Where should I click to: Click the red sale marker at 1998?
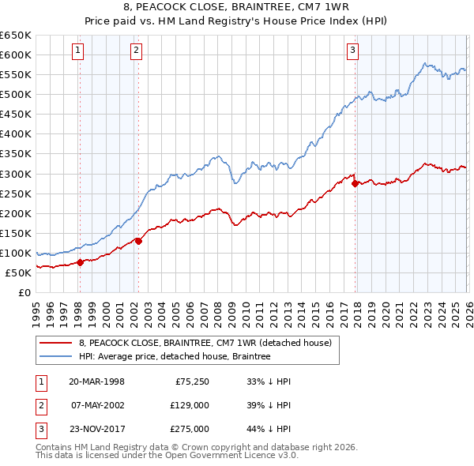[x=80, y=263]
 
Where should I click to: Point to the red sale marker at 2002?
[x=137, y=241]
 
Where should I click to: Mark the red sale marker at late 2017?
[x=355, y=183]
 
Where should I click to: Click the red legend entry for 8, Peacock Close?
[x=209, y=343]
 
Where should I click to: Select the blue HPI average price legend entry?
[x=175, y=356]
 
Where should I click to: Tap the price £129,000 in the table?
[x=190, y=405]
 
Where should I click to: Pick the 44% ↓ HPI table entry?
[x=269, y=429]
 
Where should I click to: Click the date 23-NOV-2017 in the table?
[x=96, y=429]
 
